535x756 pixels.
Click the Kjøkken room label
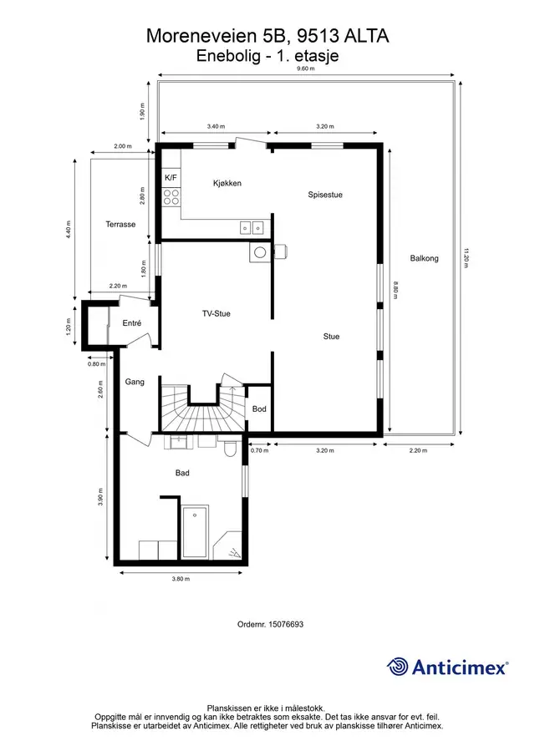pyautogui.click(x=227, y=183)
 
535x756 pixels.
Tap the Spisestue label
pyautogui.click(x=325, y=195)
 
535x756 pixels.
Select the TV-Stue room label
pyautogui.click(x=217, y=313)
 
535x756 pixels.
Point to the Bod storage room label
pyautogui.click(x=259, y=408)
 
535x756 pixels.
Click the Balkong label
pyautogui.click(x=424, y=258)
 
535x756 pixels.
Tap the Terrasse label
pyautogui.click(x=120, y=224)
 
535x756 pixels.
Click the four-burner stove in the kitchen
pyautogui.click(x=171, y=197)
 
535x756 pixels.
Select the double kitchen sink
pyautogui.click(x=252, y=227)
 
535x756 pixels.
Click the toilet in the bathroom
pyautogui.click(x=230, y=446)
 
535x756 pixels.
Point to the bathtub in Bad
pyautogui.click(x=195, y=532)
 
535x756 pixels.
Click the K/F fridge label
pyautogui.click(x=171, y=178)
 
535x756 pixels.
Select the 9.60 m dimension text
pyautogui.click(x=305, y=68)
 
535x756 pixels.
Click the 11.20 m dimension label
pyautogui.click(x=466, y=258)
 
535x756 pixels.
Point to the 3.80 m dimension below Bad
pyautogui.click(x=181, y=579)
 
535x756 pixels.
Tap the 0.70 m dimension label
pyautogui.click(x=259, y=450)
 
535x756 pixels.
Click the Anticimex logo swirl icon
pyautogui.click(x=398, y=667)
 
